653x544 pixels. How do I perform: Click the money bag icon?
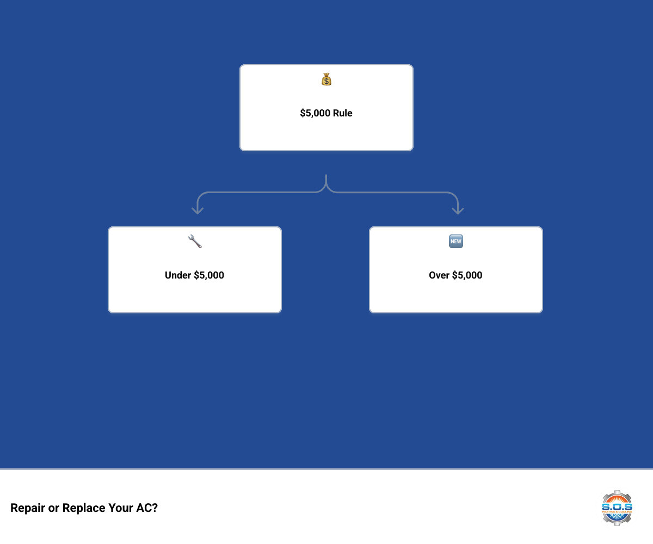[326, 79]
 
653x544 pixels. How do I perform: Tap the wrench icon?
[195, 242]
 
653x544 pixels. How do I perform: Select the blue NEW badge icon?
[456, 242]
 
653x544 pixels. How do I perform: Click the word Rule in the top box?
[343, 113]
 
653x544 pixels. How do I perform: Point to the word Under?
[178, 275]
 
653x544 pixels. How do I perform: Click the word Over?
[439, 275]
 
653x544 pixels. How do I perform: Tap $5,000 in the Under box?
[209, 275]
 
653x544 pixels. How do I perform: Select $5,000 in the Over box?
[467, 275]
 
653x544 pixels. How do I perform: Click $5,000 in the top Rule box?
[316, 113]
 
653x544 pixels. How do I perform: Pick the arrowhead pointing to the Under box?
[198, 210]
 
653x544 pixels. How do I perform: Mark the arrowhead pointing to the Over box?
[458, 210]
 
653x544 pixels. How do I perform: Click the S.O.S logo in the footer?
[617, 508]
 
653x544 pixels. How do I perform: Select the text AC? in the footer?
[147, 508]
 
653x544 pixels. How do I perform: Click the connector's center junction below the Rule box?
[326, 185]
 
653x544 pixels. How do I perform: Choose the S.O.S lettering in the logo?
[617, 506]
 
